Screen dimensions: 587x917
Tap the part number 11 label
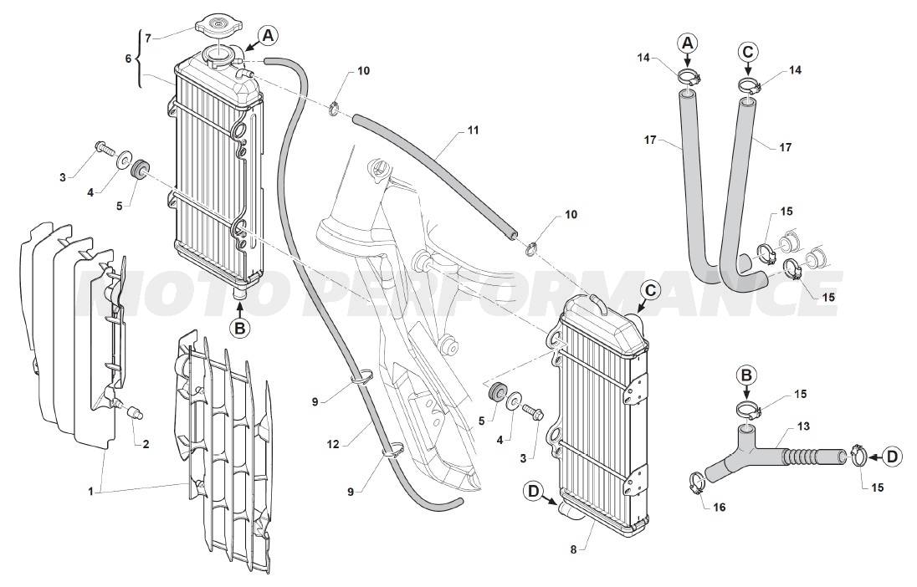pyautogui.click(x=473, y=130)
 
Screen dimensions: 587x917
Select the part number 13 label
pyautogui.click(x=803, y=426)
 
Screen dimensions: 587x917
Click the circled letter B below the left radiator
pyautogui.click(x=239, y=329)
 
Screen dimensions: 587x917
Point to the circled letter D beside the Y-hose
pyautogui.click(x=892, y=457)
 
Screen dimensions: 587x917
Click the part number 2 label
pyautogui.click(x=146, y=443)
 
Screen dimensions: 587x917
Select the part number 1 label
pyautogui.click(x=90, y=492)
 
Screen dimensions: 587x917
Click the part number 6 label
pyautogui.click(x=128, y=59)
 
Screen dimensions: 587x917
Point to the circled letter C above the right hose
pyautogui.click(x=748, y=51)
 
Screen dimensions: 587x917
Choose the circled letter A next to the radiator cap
pyautogui.click(x=267, y=35)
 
